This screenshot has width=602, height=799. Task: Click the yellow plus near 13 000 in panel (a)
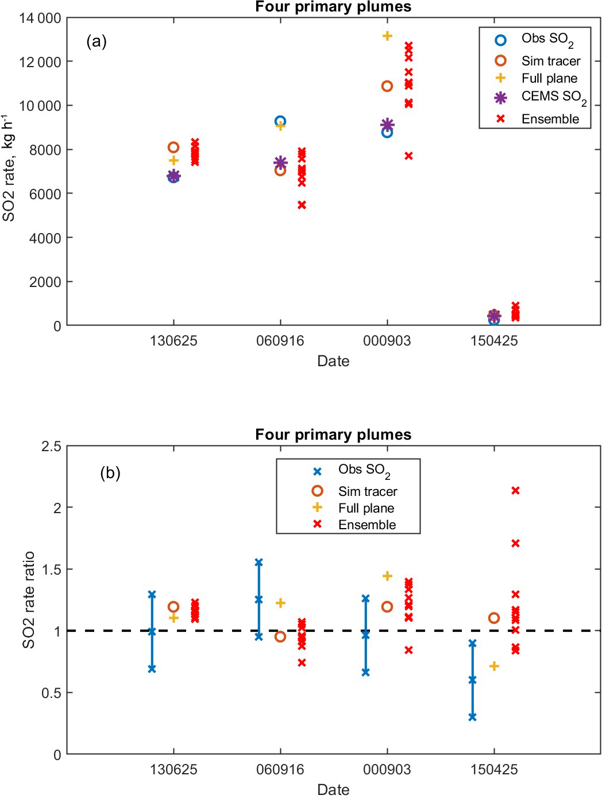(x=387, y=36)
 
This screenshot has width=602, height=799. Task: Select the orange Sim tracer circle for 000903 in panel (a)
(x=387, y=86)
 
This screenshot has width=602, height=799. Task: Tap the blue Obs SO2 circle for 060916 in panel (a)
(x=280, y=121)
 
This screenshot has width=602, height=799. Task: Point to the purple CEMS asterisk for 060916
(x=280, y=163)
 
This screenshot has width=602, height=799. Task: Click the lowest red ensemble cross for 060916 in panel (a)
(x=302, y=205)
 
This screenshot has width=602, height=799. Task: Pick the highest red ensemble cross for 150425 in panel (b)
(x=515, y=491)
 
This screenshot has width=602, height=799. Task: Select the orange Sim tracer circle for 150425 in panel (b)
(x=494, y=618)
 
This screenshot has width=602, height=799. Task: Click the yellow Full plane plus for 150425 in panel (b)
(x=494, y=666)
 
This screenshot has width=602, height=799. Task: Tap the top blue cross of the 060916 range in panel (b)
(x=258, y=563)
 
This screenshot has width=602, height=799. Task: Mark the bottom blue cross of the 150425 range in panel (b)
(x=472, y=717)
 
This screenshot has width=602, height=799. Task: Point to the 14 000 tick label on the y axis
(x=40, y=18)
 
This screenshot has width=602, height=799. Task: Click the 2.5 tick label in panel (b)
(x=51, y=447)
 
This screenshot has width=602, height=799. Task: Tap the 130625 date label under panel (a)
(x=173, y=341)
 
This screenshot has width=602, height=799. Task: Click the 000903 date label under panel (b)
(x=387, y=770)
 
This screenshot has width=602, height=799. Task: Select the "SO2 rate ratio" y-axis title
(x=29, y=600)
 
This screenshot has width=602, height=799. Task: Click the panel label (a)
(x=97, y=41)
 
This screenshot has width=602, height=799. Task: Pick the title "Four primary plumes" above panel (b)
(x=333, y=435)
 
